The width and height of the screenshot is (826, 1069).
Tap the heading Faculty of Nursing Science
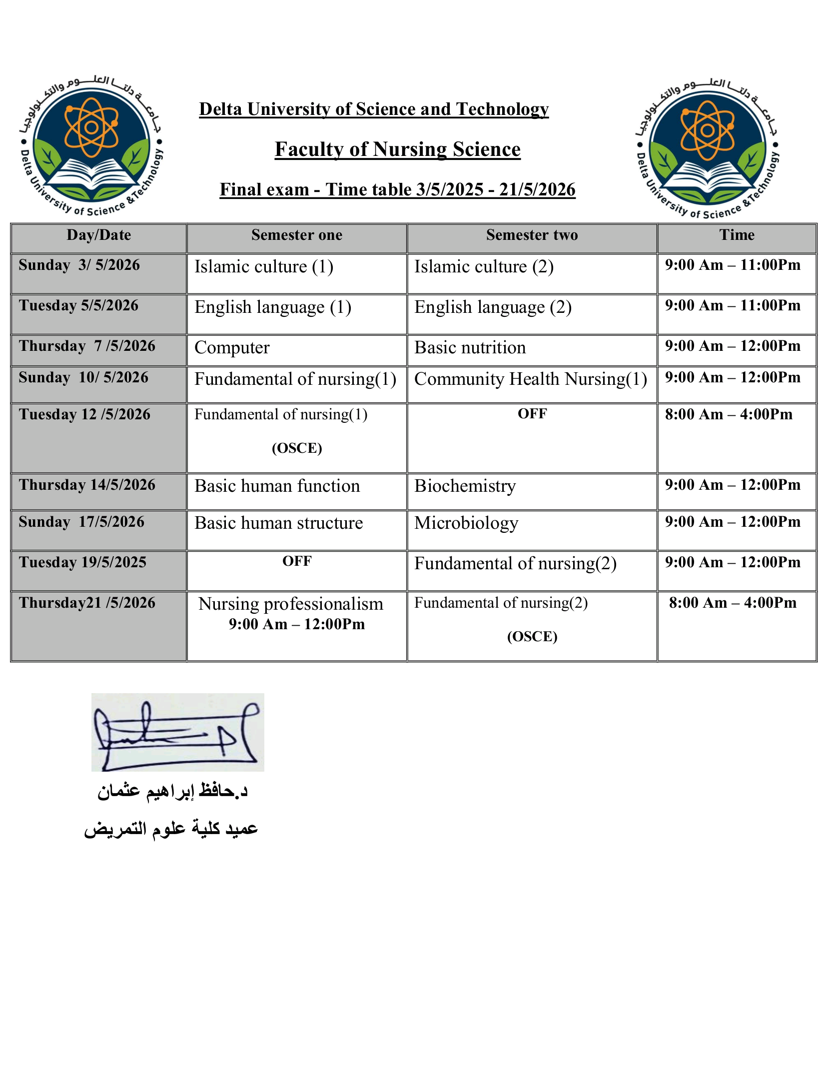(397, 149)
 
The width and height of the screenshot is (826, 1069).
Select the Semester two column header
(532, 235)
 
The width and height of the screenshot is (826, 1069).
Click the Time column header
(737, 235)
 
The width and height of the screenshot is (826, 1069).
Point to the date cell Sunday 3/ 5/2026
(79, 265)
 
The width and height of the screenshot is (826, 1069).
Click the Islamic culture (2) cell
(484, 267)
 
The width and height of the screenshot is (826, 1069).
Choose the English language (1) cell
(273, 307)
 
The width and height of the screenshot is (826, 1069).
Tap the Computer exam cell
(232, 348)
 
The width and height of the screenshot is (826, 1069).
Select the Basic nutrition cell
(470, 348)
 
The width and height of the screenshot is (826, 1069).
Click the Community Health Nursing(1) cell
(530, 379)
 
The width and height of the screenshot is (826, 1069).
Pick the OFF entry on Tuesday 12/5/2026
(532, 414)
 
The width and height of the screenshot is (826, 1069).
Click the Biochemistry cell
(465, 486)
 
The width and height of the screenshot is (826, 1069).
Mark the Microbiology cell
(466, 523)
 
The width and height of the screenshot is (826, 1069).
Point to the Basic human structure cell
(278, 523)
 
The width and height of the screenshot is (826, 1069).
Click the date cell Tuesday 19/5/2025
(83, 563)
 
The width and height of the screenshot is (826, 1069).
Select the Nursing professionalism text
(290, 604)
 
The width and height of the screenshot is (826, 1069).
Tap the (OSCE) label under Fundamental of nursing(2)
(532, 637)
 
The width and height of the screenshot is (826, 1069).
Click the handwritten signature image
(177, 732)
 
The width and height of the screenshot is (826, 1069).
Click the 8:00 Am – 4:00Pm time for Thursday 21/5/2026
(732, 603)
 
